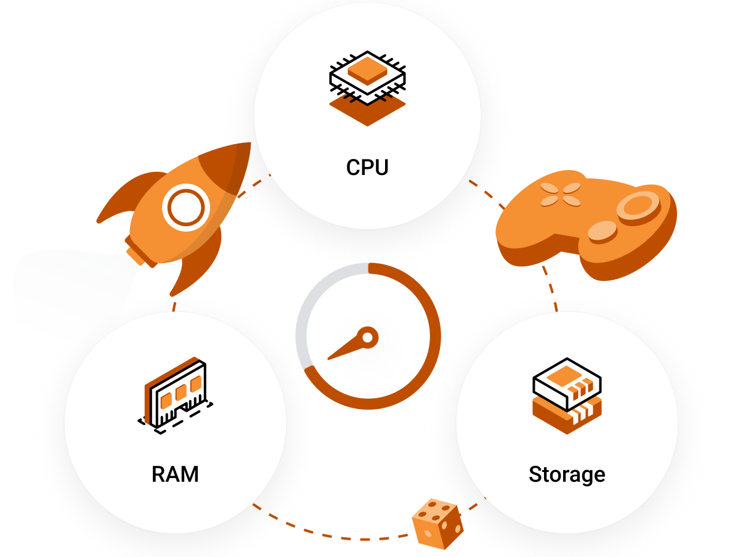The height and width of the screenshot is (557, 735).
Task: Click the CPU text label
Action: pyautogui.click(x=367, y=168)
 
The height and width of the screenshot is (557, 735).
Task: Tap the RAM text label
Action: pyautogui.click(x=175, y=474)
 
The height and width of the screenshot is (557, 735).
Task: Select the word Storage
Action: pyautogui.click(x=567, y=474)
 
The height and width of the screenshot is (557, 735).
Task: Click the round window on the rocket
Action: pyautogui.click(x=185, y=208)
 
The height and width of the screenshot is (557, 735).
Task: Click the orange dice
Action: pyautogui.click(x=437, y=524)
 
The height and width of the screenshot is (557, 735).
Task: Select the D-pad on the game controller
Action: pyautogui.click(x=560, y=195)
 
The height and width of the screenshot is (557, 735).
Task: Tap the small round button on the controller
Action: pyautogui.click(x=601, y=232)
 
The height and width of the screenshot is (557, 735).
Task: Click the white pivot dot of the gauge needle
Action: pyautogui.click(x=367, y=337)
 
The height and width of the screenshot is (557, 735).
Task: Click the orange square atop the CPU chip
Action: pyautogui.click(x=368, y=71)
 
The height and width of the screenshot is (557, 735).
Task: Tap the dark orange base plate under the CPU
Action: pyautogui.click(x=367, y=111)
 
